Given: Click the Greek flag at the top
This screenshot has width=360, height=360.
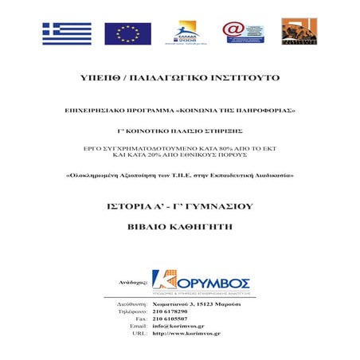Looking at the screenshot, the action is pos(67,33).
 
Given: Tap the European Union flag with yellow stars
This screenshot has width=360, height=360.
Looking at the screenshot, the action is pos(127,33).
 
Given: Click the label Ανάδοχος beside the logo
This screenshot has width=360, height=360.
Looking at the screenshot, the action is pos(132,283).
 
